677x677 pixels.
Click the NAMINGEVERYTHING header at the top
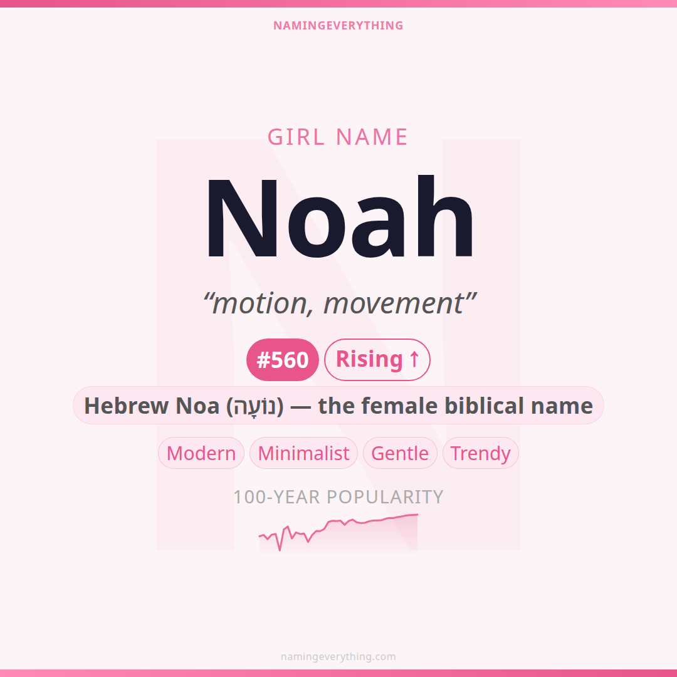[338, 26]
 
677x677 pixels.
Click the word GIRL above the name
[296, 137]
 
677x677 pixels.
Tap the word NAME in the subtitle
[372, 137]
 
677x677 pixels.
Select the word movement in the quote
[393, 303]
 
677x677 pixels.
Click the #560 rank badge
[282, 360]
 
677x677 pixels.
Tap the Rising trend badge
[377, 360]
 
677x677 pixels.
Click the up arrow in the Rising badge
[414, 359]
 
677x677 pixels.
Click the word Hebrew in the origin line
[126, 406]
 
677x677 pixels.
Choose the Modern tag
[201, 453]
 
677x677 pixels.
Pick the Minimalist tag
[303, 453]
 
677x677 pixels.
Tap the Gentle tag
[400, 453]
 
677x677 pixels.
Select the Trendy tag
[481, 453]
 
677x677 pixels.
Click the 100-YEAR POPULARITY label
[338, 497]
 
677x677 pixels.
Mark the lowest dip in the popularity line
[280, 550]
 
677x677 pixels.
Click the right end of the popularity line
[417, 514]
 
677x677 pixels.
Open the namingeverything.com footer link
[338, 657]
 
